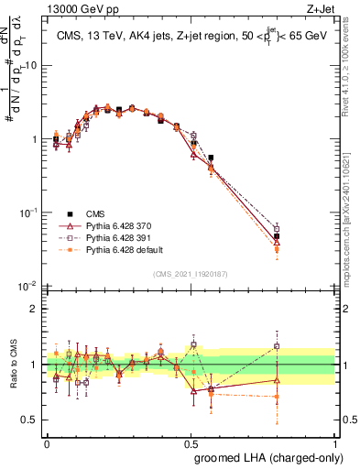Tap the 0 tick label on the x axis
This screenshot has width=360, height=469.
47,442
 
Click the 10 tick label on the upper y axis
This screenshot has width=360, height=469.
33,66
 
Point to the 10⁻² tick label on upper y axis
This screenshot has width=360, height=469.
30,286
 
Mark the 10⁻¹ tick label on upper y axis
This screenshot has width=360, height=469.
30,213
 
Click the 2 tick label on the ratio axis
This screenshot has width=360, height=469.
38,309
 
